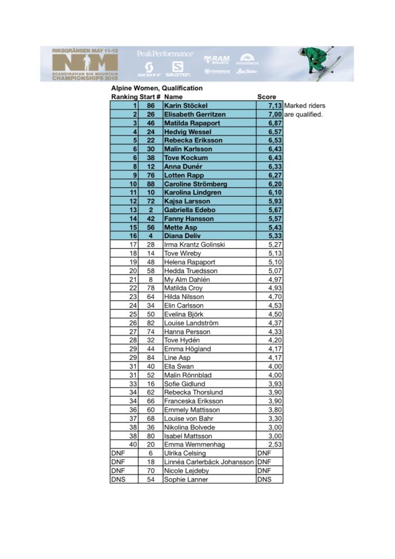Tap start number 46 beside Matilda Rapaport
tap(151, 123)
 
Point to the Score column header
tap(266, 97)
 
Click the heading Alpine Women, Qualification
tap(156, 88)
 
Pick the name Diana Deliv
tap(182, 236)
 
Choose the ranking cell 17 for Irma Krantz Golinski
tap(133, 244)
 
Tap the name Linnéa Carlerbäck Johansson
tap(208, 462)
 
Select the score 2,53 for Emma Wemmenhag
tap(275, 444)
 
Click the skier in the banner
tap(319, 60)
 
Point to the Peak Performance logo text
tap(165, 54)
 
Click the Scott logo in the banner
tap(149, 73)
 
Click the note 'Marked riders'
tap(305, 105)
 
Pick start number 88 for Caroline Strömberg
tap(151, 184)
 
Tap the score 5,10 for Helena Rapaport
tap(275, 262)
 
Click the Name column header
tap(173, 97)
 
